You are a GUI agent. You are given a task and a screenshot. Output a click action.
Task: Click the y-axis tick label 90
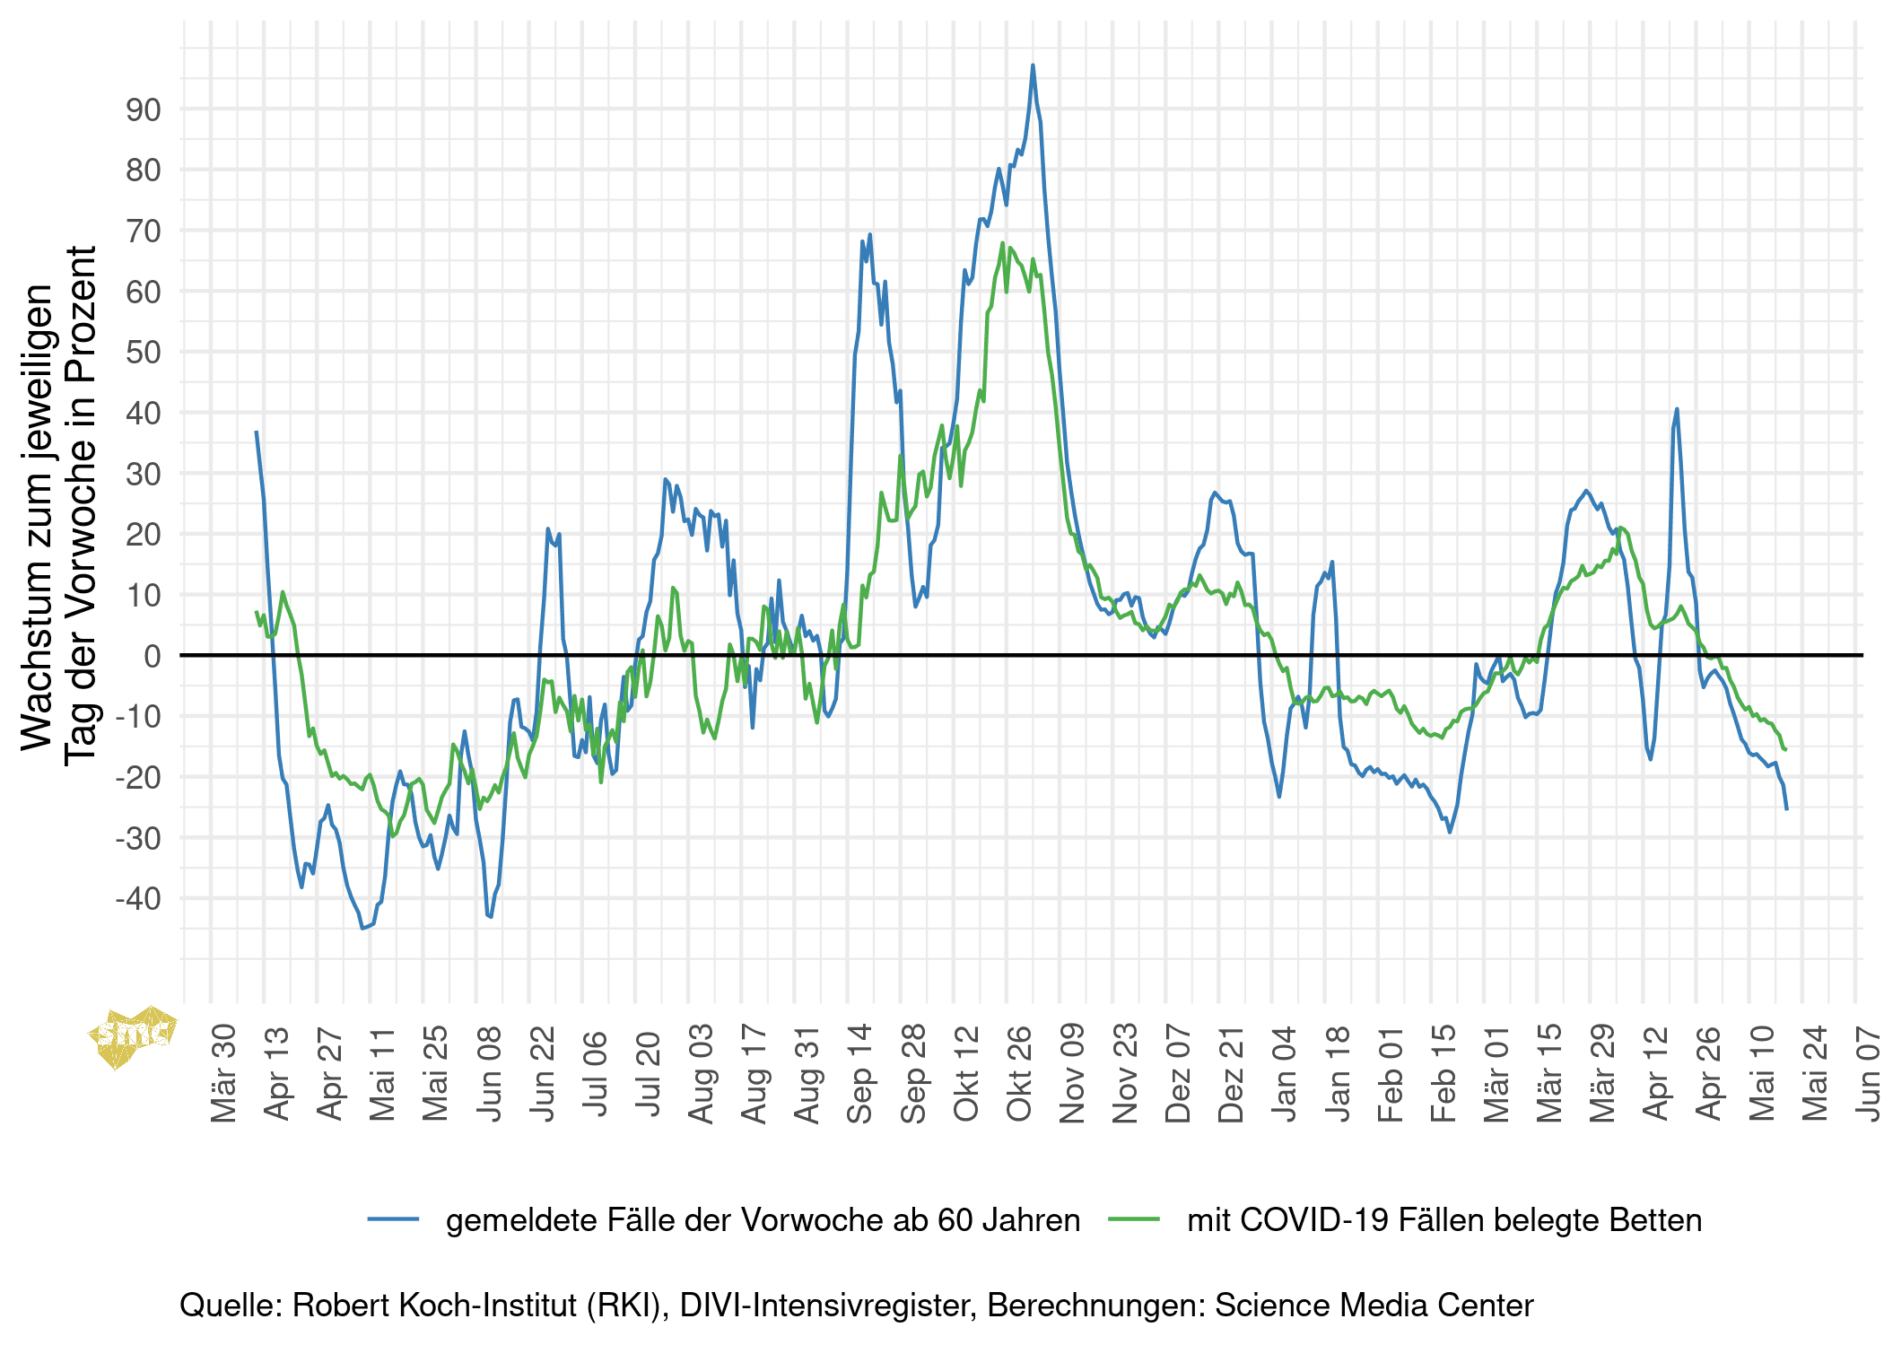pyautogui.click(x=144, y=110)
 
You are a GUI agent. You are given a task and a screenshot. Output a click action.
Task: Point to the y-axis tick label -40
pyautogui.click(x=138, y=899)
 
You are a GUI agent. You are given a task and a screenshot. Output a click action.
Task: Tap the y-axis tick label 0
pyautogui.click(x=153, y=656)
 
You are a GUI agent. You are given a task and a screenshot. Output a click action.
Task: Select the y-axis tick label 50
pyautogui.click(x=144, y=353)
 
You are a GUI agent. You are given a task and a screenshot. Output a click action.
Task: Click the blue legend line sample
pyautogui.click(x=393, y=1219)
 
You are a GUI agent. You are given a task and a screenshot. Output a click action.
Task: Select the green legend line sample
pyautogui.click(x=1134, y=1219)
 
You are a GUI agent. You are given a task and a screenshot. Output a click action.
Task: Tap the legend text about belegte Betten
pyautogui.click(x=1444, y=1220)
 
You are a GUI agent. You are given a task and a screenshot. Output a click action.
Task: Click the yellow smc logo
pyautogui.click(x=133, y=1036)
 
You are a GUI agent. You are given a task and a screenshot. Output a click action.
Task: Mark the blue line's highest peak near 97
pyautogui.click(x=1033, y=66)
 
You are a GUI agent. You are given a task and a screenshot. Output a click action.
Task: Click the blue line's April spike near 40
pyautogui.click(x=1677, y=410)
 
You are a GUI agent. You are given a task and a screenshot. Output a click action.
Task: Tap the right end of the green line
pyautogui.click(x=1785, y=749)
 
